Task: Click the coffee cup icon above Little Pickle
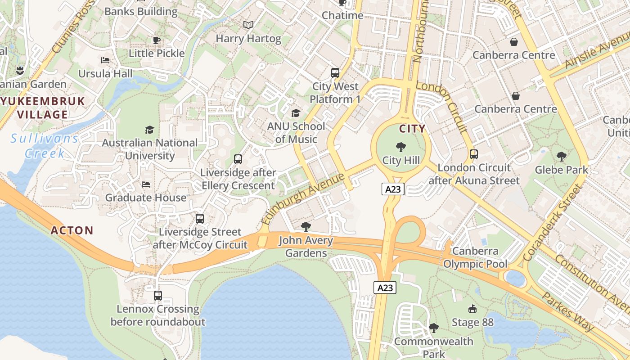click(157, 40)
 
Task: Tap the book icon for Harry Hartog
click(248, 25)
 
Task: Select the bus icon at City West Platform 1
click(335, 72)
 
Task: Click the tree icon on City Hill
click(400, 147)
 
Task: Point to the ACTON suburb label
click(72, 230)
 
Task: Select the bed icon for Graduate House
click(146, 184)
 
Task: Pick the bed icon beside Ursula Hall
click(105, 60)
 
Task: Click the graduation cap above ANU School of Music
click(296, 112)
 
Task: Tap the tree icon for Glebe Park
click(561, 156)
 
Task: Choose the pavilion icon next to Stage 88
click(472, 309)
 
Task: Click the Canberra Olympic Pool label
click(475, 257)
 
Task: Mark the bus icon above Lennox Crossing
click(157, 296)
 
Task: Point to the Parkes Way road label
click(568, 311)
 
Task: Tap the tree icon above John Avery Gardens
click(306, 226)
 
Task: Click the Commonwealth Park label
click(433, 348)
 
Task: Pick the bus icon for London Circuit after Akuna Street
click(473, 154)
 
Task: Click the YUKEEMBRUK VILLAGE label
click(43, 107)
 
